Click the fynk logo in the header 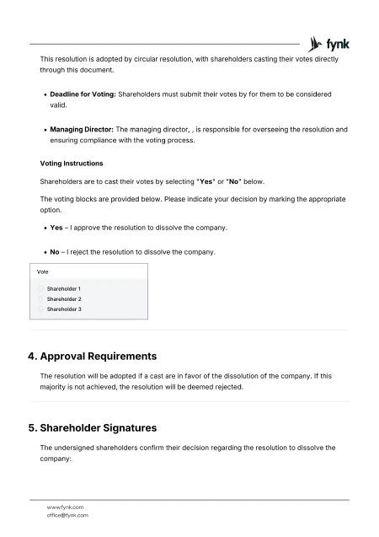329,43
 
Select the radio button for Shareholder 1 40,289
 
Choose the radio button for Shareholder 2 40,299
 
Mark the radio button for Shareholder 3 40,309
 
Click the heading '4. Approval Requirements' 93,356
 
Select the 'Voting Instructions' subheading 72,163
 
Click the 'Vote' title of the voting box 42,271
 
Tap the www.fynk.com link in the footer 65,507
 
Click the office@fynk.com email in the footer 67,514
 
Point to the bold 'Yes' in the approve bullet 56,228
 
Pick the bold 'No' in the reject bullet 55,251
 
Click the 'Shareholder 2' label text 64,299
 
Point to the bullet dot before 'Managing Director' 43,130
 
